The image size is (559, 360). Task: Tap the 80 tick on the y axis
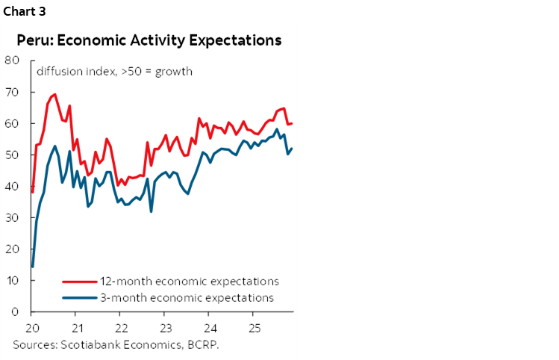(x=12, y=60)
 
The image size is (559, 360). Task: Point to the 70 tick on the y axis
(x=12, y=92)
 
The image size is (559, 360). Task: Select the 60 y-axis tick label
(x=12, y=123)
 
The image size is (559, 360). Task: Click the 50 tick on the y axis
(x=12, y=155)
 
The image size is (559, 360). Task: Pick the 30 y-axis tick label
(x=12, y=217)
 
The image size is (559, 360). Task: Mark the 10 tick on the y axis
(x=12, y=280)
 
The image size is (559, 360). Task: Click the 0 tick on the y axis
(x=16, y=311)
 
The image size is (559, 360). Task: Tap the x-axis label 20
(x=32, y=329)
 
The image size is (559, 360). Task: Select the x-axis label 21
(x=76, y=329)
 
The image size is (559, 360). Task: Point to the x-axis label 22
(x=121, y=329)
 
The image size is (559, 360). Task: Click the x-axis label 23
(x=166, y=329)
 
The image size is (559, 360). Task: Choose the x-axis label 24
(x=210, y=329)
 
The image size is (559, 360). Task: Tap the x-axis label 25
(x=254, y=329)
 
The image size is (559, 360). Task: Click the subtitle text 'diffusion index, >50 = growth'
(x=115, y=72)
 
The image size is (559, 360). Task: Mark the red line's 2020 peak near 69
(x=54, y=95)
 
